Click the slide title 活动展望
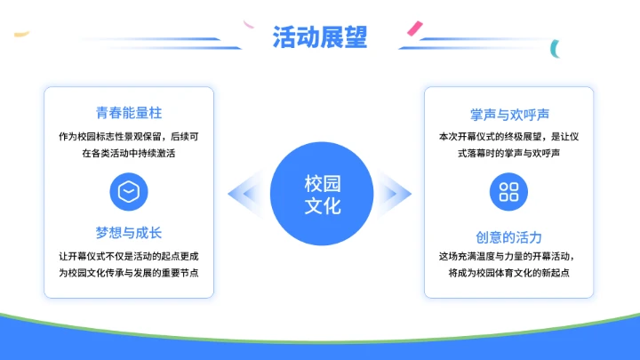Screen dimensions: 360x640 (x=320, y=37)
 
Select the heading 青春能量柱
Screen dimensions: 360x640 (x=129, y=114)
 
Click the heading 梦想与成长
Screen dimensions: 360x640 (x=129, y=233)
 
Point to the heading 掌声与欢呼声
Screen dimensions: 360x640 (x=509, y=115)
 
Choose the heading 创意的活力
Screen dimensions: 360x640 (x=509, y=237)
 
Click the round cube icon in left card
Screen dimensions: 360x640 (x=129, y=191)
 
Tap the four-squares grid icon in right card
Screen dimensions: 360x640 (x=509, y=191)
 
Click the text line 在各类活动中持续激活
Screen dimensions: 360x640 (x=129, y=153)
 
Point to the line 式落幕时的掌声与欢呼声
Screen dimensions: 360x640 (x=509, y=153)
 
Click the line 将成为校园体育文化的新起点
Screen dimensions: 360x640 (x=509, y=272)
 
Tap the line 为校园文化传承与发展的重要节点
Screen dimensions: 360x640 (x=129, y=272)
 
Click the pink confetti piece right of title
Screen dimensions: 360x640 (x=413, y=30)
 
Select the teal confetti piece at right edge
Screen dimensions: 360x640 (x=555, y=46)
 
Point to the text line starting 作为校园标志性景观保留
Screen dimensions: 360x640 (x=129, y=137)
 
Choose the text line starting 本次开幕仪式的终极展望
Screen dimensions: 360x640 (x=509, y=137)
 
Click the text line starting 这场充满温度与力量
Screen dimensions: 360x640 (x=509, y=256)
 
